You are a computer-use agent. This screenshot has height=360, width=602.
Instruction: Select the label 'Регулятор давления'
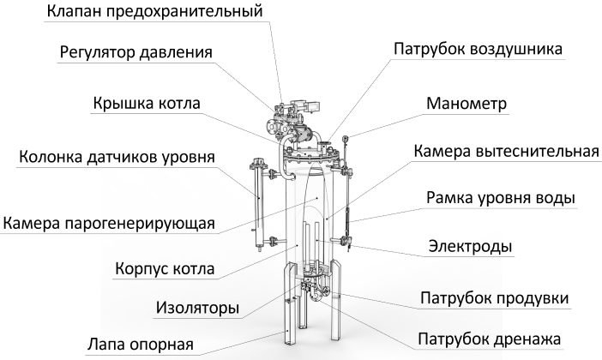[x=136, y=51]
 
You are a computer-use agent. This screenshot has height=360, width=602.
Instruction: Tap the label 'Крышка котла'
[x=147, y=105]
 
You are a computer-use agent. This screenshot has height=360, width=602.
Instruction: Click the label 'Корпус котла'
[x=165, y=268]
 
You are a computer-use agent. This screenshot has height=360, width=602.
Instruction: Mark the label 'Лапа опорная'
[x=141, y=345]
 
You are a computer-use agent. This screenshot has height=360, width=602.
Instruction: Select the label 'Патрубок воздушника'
[x=478, y=49]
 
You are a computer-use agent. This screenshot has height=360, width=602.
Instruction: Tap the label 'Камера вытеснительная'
[x=505, y=153]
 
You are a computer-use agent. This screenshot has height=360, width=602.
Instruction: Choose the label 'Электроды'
[x=471, y=247]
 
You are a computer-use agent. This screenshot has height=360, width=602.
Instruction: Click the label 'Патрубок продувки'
[x=495, y=298]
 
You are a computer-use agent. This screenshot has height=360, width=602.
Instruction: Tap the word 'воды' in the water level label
[x=552, y=199]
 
